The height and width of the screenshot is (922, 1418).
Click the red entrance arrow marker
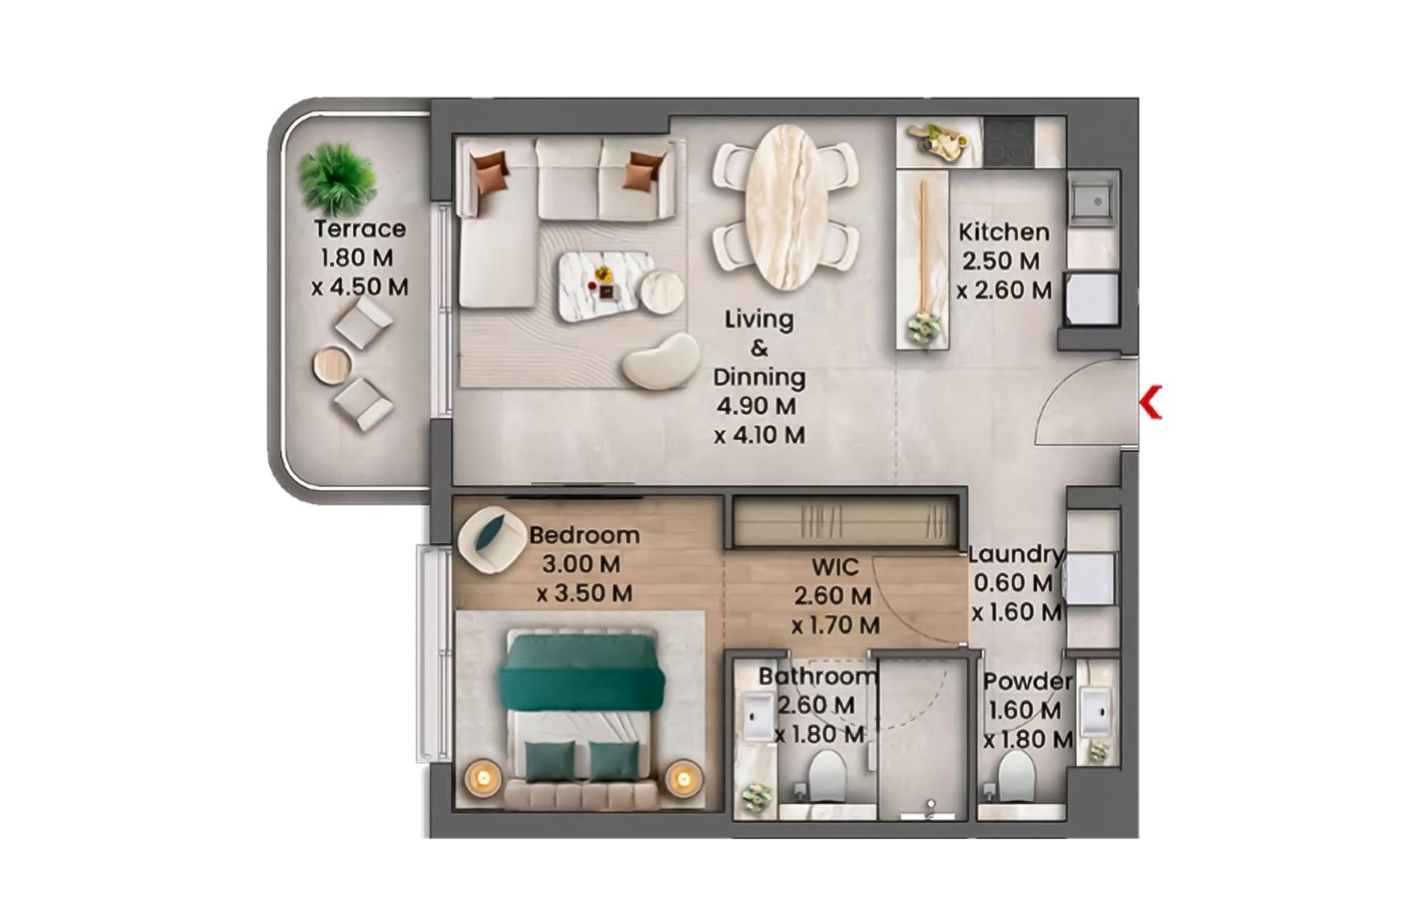(x=1151, y=402)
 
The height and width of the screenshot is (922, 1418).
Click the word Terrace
(x=360, y=229)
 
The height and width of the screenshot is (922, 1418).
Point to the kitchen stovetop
(x=1009, y=142)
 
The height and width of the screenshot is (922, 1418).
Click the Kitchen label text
(x=1004, y=232)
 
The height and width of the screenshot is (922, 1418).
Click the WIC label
(x=835, y=567)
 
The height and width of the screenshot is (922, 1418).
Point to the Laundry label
(x=1016, y=554)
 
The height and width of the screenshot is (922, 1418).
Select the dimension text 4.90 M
(x=756, y=406)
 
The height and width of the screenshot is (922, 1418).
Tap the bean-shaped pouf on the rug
(x=661, y=361)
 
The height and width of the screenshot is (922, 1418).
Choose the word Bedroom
(x=584, y=535)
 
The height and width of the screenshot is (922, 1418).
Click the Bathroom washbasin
(x=758, y=716)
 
